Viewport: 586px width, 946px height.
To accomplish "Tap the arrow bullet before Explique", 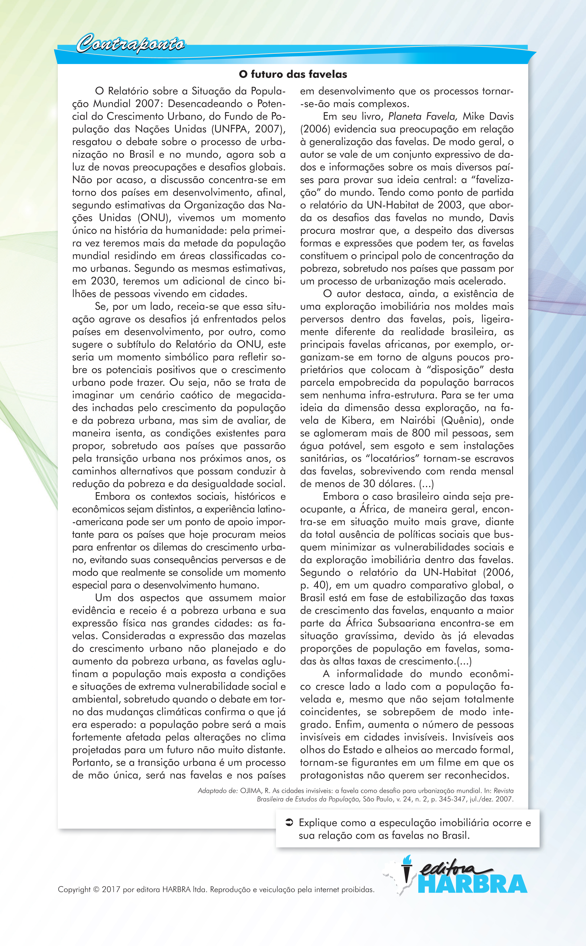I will tap(289, 822).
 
